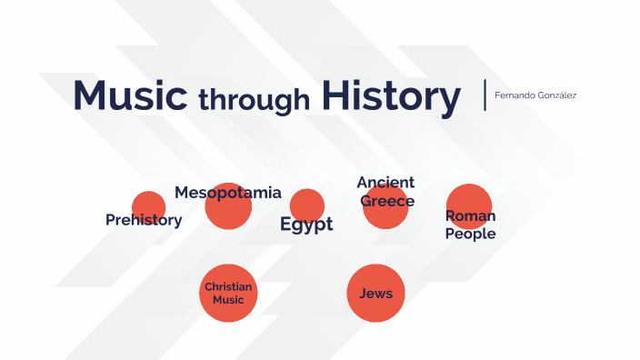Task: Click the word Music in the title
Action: [130, 96]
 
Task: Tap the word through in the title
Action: [254, 98]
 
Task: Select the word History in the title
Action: [390, 96]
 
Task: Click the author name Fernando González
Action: [535, 95]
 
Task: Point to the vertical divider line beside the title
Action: [485, 95]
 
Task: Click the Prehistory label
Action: [144, 219]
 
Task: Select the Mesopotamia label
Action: [228, 193]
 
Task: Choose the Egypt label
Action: [306, 225]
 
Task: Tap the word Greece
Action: [387, 201]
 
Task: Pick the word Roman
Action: [470, 215]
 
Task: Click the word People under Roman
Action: [470, 234]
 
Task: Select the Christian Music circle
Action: [228, 293]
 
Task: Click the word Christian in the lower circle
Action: [228, 286]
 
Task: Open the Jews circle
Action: [375, 293]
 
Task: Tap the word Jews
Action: [375, 293]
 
